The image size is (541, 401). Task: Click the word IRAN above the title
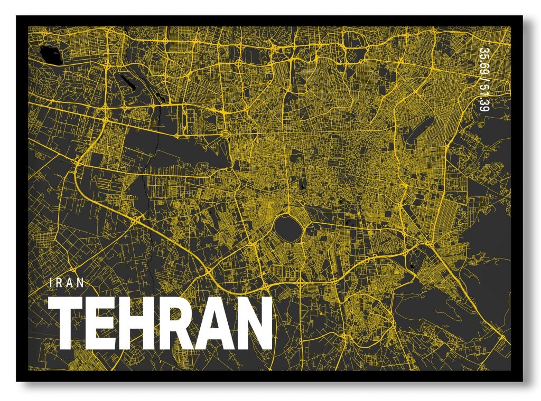pyautogui.click(x=66, y=282)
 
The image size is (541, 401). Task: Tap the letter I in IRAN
pyautogui.click(x=50, y=282)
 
